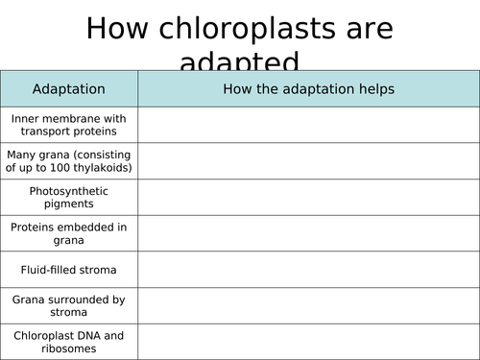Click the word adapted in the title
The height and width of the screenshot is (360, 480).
(239, 63)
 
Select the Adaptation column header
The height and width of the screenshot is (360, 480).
(69, 89)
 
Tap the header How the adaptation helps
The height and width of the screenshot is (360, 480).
(308, 89)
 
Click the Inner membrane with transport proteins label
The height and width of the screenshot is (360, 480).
(69, 125)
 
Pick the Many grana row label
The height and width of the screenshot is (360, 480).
(69, 160)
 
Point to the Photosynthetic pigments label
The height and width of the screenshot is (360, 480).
(69, 197)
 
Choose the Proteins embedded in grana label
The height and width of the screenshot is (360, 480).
(69, 233)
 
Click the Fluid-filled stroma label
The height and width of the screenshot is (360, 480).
(69, 270)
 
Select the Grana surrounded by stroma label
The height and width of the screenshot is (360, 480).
(69, 305)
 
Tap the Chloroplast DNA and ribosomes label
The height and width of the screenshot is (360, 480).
(69, 342)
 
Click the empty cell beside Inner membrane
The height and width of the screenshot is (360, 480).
(308, 125)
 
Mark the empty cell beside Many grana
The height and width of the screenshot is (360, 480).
(308, 160)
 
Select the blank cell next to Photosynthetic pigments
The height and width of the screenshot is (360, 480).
(308, 197)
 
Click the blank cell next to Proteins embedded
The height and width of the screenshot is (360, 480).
(308, 233)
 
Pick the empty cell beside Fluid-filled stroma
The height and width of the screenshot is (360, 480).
(308, 270)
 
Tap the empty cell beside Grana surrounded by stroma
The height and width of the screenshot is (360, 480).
(308, 305)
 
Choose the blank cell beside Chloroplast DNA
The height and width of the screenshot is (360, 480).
(308, 342)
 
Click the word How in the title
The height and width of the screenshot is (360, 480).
(114, 29)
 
